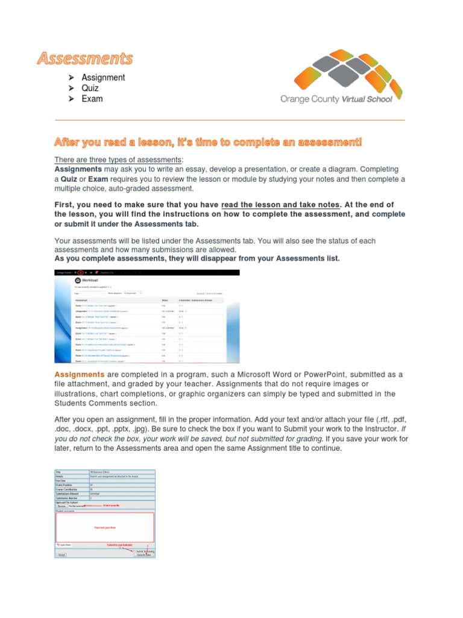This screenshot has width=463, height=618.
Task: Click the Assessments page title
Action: coord(84,59)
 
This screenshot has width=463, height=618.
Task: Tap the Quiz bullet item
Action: coord(90,88)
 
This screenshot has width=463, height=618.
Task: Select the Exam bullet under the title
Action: coord(92,99)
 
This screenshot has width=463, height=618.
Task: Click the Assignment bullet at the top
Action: coord(103,77)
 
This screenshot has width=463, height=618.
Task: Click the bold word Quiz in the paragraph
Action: coord(72,179)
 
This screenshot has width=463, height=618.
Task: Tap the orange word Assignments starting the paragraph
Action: coord(80,375)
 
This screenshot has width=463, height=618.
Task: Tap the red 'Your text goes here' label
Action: coord(104,527)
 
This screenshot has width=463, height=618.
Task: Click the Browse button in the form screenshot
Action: coord(62,506)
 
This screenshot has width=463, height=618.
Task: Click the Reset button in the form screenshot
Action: coord(61,554)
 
